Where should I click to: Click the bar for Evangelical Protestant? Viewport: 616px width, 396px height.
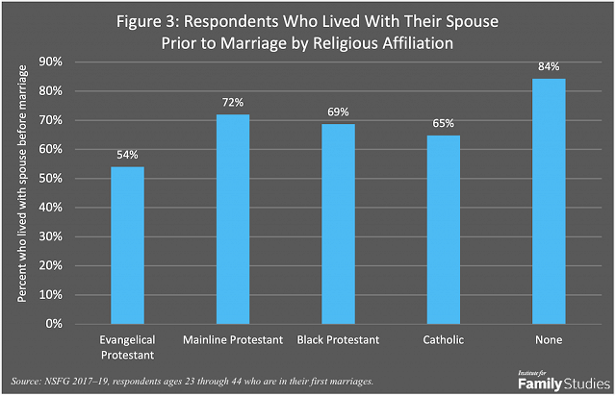pos(127,245)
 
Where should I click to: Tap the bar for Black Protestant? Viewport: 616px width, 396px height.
pos(338,224)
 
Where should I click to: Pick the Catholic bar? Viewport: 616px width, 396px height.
pos(443,230)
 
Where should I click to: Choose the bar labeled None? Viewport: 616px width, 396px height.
pos(549,202)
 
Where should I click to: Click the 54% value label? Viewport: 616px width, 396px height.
pos(127,155)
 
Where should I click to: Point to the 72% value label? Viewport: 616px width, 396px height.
pos(233,102)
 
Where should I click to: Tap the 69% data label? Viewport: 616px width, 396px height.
pos(338,111)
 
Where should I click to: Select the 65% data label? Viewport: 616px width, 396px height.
pos(443,123)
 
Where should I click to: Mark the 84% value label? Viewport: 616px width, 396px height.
pos(549,66)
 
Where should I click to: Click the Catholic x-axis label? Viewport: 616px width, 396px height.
pos(443,339)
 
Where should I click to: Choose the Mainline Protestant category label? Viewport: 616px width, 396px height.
pos(233,339)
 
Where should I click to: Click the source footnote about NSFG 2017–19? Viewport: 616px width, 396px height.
pos(192,382)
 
